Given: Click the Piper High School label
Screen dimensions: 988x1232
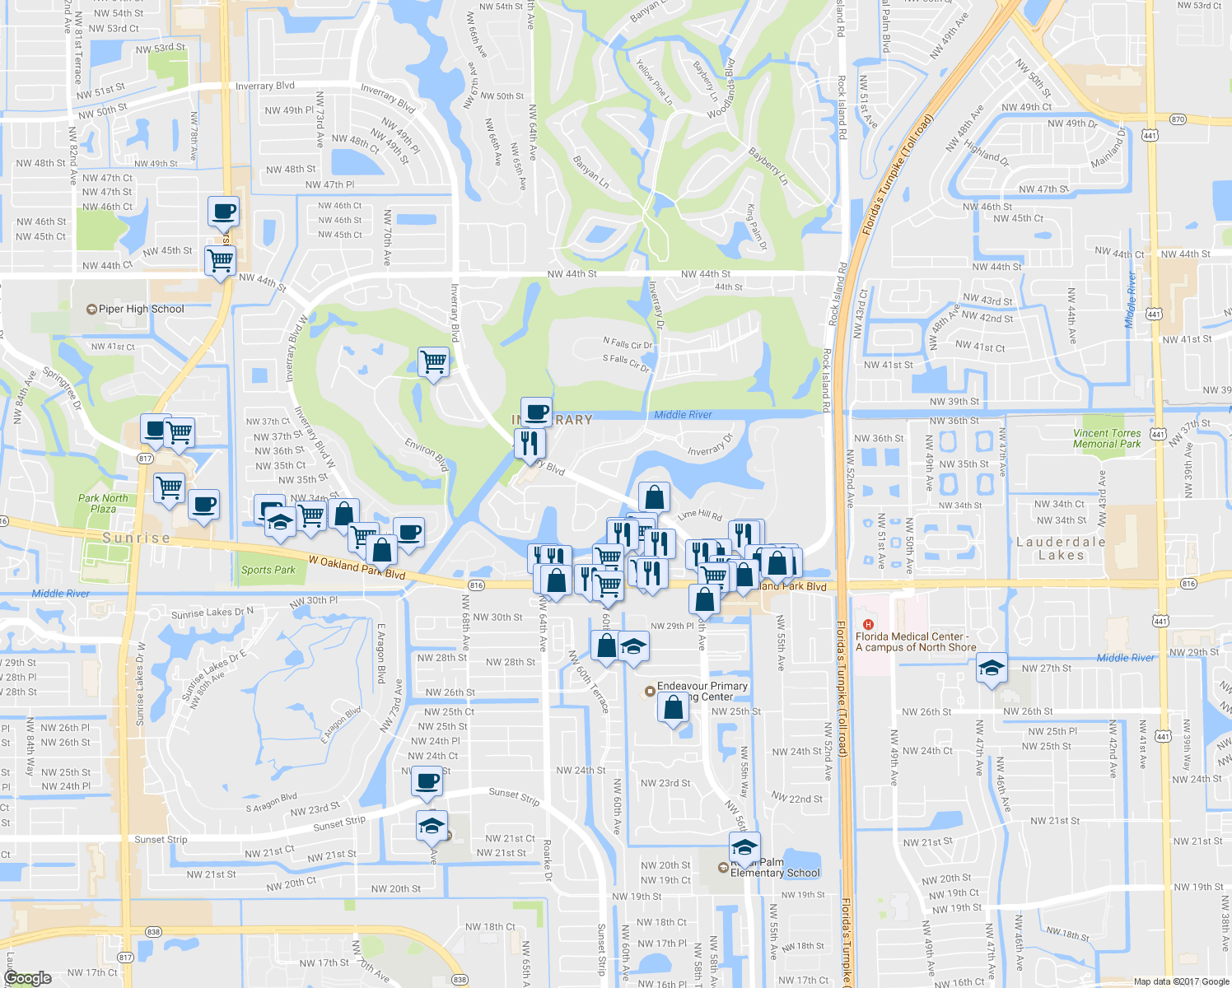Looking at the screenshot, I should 141,310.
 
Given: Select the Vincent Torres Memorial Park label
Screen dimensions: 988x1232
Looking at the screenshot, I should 1107,439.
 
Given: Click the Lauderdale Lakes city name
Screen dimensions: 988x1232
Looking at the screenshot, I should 1061,548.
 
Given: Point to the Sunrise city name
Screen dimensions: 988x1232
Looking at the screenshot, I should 137,538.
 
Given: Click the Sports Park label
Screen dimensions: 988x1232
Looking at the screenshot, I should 268,570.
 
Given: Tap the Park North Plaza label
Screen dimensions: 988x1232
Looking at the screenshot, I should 103,503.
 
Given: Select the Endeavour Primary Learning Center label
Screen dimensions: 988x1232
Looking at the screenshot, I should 702,691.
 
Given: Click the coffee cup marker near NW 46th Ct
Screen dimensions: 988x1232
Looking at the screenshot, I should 223,212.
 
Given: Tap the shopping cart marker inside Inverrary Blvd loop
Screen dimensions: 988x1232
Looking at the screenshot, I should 433,361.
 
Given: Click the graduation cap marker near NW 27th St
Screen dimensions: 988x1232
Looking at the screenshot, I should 992,669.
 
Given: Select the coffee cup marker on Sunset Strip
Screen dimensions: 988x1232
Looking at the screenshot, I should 427,780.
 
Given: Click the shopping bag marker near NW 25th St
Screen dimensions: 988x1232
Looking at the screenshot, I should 673,707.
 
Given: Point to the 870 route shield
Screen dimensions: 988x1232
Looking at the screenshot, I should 1178,119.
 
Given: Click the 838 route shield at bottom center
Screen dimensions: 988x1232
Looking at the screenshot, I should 460,980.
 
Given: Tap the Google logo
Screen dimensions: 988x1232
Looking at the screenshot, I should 28,978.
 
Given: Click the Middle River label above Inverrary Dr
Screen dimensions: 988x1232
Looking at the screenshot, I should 683,415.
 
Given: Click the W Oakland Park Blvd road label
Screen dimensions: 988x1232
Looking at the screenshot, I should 357,567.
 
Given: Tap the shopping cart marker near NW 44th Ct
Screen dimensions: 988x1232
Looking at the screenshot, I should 220,261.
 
